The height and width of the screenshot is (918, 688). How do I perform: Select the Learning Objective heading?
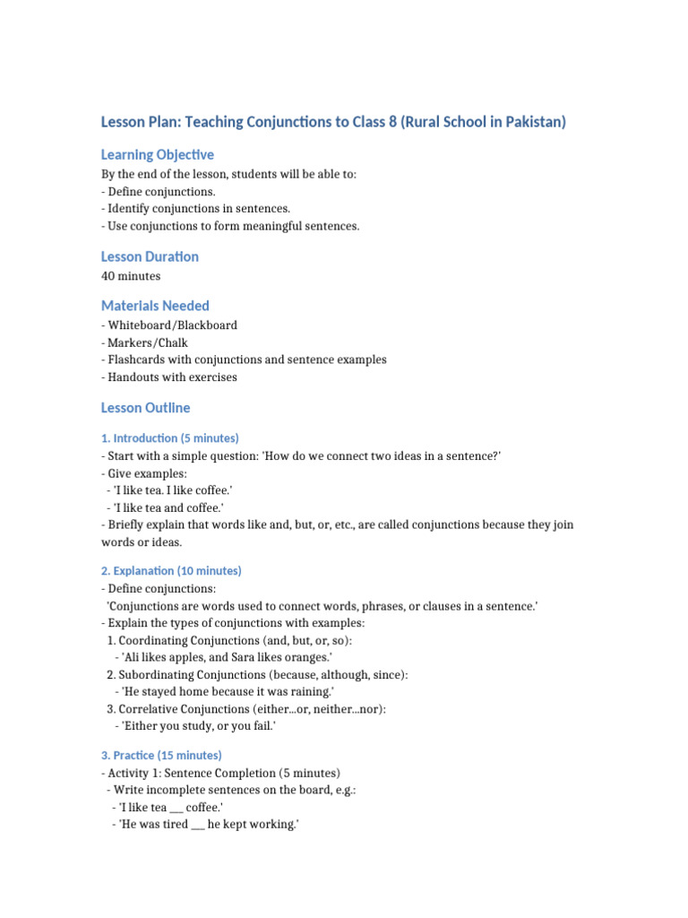click(x=157, y=155)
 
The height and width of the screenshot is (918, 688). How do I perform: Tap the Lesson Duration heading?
click(x=150, y=256)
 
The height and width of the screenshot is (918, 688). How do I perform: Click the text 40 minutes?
click(x=131, y=276)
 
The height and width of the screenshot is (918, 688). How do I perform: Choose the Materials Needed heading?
click(x=155, y=306)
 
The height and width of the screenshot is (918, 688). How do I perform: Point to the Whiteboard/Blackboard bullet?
click(x=169, y=325)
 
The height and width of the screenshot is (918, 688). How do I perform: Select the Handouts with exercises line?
click(x=169, y=377)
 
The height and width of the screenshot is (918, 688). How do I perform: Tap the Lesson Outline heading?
click(x=145, y=408)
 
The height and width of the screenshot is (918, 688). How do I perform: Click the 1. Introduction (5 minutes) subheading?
click(x=169, y=438)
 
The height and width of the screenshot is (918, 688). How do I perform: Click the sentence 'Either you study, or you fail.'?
click(x=195, y=726)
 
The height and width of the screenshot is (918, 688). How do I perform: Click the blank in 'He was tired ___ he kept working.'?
click(x=198, y=825)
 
